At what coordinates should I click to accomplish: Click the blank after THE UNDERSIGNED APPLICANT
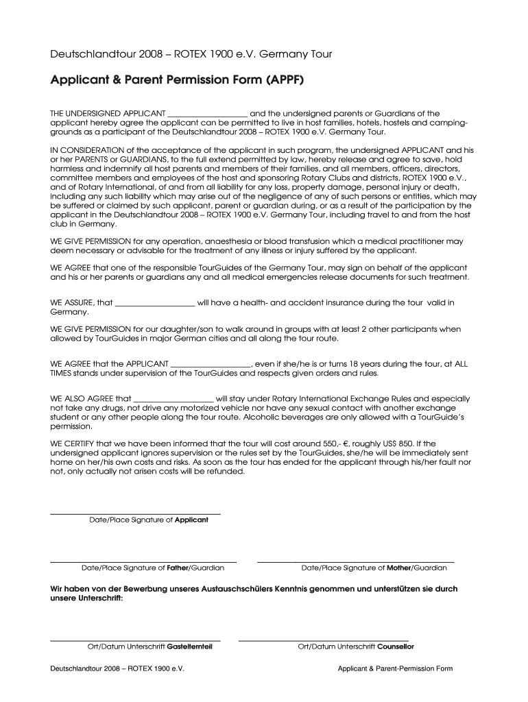pyautogui.click(x=207, y=114)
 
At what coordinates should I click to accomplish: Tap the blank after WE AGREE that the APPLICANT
pyautogui.click(x=211, y=364)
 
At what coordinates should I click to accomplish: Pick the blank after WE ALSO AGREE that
pyautogui.click(x=173, y=398)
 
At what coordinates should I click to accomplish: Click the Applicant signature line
pyautogui.click(x=136, y=513)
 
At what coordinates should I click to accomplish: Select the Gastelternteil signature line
pyautogui.click(x=136, y=640)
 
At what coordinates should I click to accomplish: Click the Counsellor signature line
pyautogui.click(x=323, y=640)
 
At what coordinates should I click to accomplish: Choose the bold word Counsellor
pyautogui.click(x=396, y=647)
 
